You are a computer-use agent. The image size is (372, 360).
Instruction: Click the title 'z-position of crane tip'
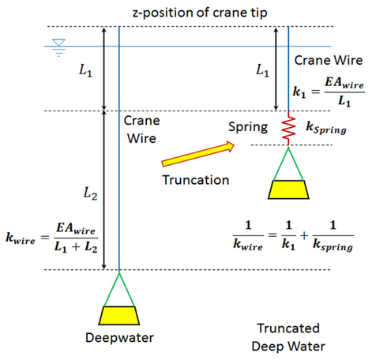tap(200, 13)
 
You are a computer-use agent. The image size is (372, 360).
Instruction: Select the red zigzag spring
tap(288, 128)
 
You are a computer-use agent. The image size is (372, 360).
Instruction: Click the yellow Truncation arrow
tap(198, 154)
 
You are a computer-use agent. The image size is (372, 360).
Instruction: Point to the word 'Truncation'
tap(196, 180)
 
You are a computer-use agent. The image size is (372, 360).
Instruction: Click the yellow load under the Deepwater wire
tap(119, 316)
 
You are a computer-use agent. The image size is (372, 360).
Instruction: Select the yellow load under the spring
tap(288, 189)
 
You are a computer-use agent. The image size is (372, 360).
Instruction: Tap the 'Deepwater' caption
tap(119, 338)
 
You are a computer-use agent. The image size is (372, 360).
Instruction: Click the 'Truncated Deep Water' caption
tap(288, 337)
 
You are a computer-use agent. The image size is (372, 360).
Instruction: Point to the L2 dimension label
tap(90, 193)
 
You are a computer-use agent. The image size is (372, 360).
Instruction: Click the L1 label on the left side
tap(86, 70)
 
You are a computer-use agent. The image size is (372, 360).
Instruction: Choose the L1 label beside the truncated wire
tap(263, 70)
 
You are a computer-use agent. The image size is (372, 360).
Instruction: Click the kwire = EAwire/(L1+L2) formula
tap(52, 238)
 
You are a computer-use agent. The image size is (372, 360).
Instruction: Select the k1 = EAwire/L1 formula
tap(329, 92)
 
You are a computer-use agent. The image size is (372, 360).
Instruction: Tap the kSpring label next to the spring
tap(326, 128)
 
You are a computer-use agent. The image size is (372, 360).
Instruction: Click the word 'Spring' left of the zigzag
tap(248, 127)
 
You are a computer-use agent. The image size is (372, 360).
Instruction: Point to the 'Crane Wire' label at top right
tap(329, 60)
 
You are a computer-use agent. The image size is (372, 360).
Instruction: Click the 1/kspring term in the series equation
tap(333, 236)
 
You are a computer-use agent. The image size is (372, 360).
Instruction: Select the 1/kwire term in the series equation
tap(248, 235)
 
